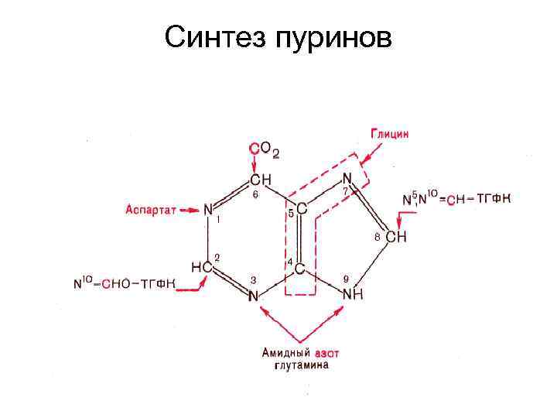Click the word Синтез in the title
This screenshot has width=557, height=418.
214,36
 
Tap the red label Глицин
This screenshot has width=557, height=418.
389,133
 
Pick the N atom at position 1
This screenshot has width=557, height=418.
207,209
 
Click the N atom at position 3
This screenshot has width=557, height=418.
254,295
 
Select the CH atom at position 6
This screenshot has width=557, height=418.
261,180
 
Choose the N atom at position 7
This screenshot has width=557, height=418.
347,180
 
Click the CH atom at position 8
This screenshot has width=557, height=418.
395,238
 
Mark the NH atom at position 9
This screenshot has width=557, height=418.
353,295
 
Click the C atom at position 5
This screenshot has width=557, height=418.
300,209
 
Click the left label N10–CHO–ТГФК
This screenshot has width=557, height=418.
124,284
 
